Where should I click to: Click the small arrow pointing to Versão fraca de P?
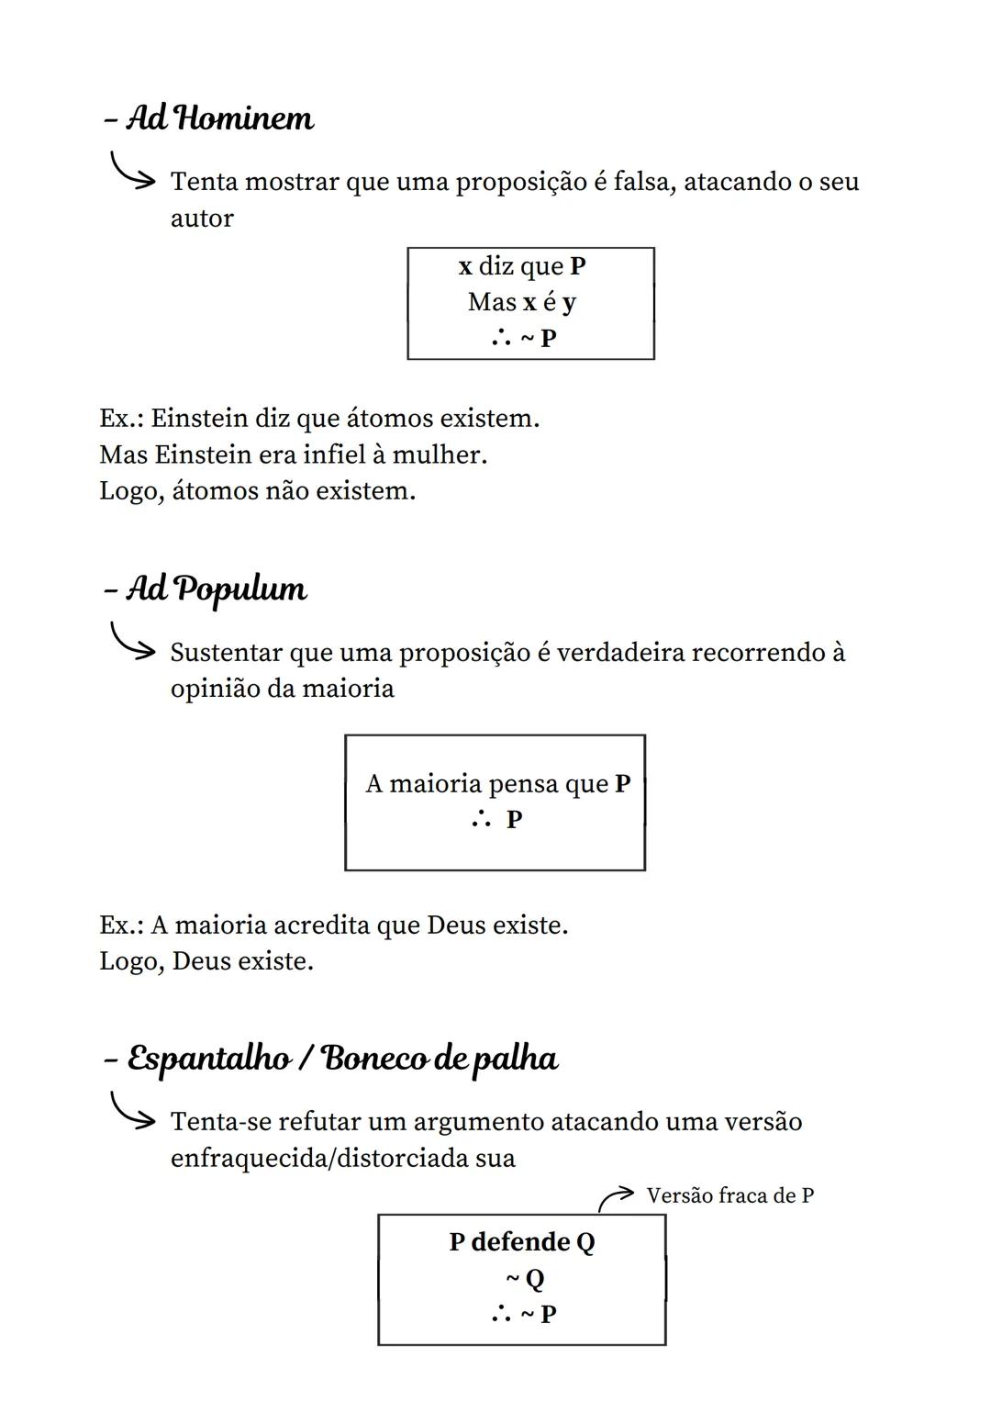tap(615, 1197)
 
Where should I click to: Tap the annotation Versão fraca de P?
tap(729, 1195)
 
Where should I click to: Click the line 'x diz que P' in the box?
tap(522, 266)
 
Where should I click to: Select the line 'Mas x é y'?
tap(522, 302)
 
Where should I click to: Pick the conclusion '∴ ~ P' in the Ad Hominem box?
tap(524, 338)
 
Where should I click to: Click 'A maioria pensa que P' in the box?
tap(497, 784)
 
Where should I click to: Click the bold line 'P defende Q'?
tap(521, 1242)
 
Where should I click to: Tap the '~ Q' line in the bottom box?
tap(524, 1278)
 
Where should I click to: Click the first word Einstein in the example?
tap(199, 419)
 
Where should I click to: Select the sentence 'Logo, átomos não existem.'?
tap(257, 491)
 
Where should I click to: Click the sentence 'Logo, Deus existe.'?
tap(206, 961)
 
